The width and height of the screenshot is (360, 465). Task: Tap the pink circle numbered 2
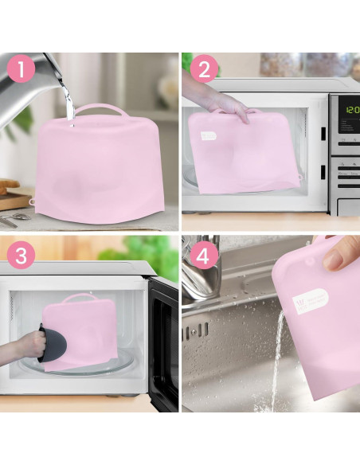pos(203,70)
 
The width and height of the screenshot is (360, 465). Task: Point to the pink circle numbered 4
pos(203,256)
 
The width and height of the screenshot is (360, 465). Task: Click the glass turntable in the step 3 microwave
pos(96,366)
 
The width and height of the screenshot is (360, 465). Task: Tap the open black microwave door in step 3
pos(163,334)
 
